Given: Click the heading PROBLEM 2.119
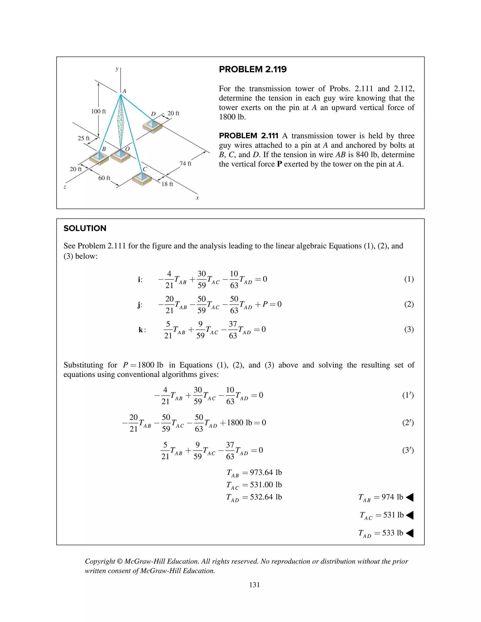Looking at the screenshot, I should point(252,69).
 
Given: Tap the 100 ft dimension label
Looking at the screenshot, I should point(98,111).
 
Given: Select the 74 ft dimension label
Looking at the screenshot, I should point(185,163).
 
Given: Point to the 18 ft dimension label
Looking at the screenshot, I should point(167,184).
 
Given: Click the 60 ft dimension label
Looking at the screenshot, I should point(104,178).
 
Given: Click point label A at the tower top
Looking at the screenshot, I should point(124,91).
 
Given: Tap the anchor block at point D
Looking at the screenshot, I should point(152,126).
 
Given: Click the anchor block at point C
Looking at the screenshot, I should point(142,178).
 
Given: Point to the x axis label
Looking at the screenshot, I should point(197,198).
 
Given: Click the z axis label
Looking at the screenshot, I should point(65,187).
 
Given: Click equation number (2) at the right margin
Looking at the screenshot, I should point(409,304).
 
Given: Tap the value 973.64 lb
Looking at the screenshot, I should point(266,472).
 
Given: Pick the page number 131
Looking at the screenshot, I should point(254,585).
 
